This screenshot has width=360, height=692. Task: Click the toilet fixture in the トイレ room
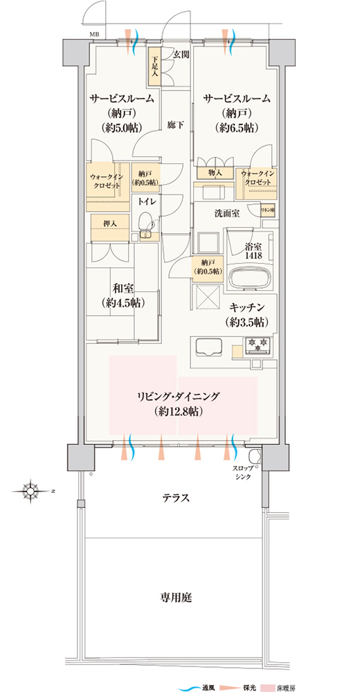coord(145,222)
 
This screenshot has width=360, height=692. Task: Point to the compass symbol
coord(32,491)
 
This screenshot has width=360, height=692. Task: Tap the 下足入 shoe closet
coord(154,66)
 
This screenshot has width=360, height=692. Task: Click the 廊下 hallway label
coord(176,125)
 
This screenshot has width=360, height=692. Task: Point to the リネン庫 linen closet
coord(266,209)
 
